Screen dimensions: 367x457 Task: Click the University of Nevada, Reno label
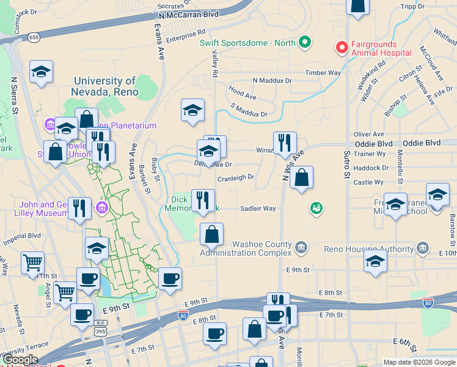(104, 86)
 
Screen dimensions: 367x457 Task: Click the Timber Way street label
(323, 73)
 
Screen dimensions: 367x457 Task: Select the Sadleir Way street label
(258, 209)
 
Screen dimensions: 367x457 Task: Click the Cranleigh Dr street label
(236, 178)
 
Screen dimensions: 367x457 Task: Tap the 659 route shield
(34, 37)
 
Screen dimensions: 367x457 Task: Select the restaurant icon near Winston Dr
(284, 144)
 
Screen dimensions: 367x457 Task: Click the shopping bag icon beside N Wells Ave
(302, 178)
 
